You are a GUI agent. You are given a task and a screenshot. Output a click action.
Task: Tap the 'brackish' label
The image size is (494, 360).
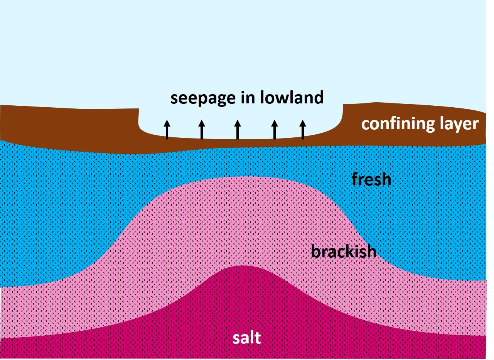pos(344,252)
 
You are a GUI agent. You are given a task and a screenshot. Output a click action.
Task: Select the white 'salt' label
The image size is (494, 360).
pos(247,338)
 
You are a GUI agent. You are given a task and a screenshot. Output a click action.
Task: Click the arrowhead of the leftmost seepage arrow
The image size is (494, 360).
pos(167,123)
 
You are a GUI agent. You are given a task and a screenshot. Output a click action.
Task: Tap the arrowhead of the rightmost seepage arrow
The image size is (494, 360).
pos(303,123)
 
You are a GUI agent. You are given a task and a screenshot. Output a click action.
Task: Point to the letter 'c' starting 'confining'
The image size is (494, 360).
pos(365,125)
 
